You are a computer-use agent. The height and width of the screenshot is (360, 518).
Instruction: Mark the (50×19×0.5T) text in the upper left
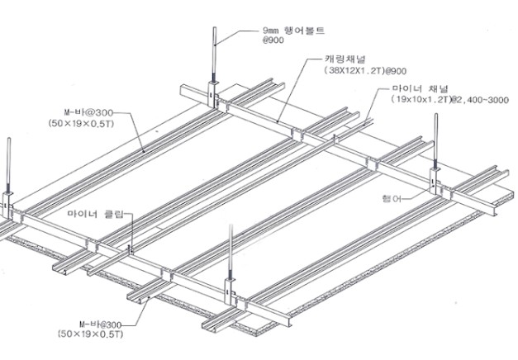click(x=81, y=124)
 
